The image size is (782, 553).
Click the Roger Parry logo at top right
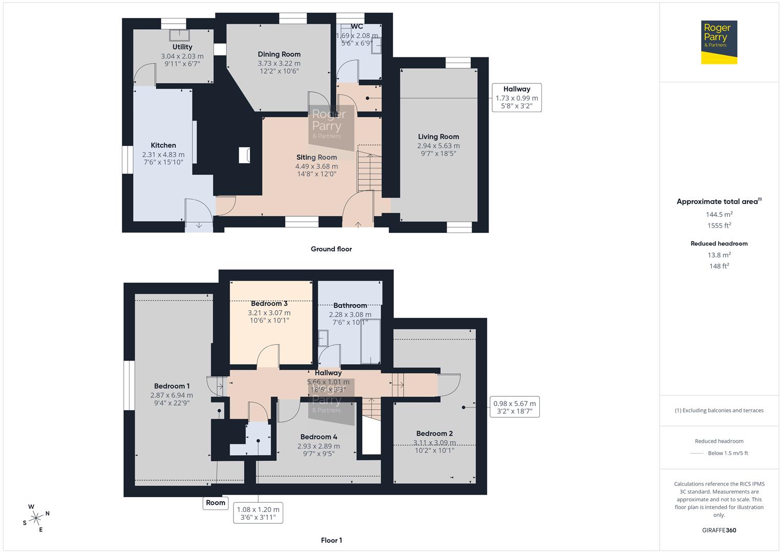click(718, 42)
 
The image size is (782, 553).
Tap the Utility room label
click(182, 47)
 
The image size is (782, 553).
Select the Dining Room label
click(279, 54)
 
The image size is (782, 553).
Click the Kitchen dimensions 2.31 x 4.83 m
click(163, 155)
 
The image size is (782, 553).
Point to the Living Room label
click(438, 137)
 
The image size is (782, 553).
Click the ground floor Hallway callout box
click(516, 97)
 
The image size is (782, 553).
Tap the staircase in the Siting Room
click(369, 172)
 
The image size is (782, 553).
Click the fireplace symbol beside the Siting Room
click(244, 155)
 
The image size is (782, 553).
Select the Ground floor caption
click(331, 249)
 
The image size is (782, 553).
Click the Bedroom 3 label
click(269, 304)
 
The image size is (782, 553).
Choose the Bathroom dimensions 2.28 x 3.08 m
click(350, 314)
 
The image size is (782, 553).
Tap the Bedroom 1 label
click(172, 387)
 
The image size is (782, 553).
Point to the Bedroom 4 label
click(319, 437)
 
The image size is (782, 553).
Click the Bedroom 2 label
click(434, 434)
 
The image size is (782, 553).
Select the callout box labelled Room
click(216, 503)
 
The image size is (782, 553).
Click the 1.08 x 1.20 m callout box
click(258, 513)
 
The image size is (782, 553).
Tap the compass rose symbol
click(36, 518)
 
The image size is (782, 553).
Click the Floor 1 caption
click(331, 540)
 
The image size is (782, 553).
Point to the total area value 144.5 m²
click(719, 215)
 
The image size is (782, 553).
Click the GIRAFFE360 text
click(719, 530)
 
